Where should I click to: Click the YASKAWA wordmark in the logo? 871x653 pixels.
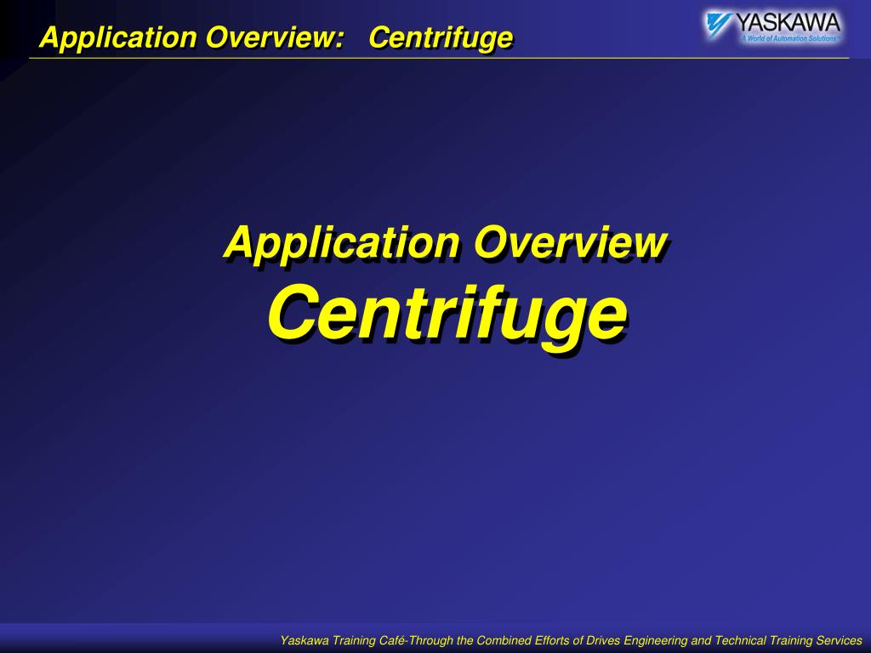click(787, 22)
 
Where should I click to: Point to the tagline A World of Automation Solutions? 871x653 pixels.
click(788, 38)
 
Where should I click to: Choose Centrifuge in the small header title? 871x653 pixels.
click(441, 37)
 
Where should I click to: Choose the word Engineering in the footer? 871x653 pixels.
click(656, 640)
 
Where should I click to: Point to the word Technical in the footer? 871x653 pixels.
click(740, 640)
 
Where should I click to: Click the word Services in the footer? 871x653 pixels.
click(838, 640)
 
